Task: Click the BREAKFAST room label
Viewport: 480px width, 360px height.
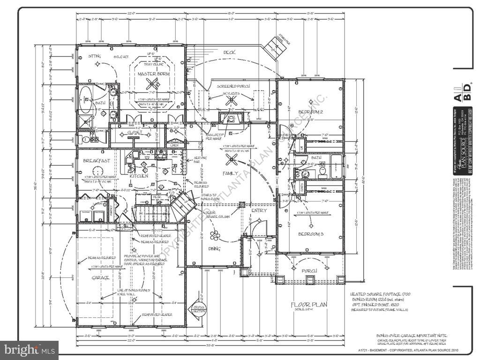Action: (97, 160)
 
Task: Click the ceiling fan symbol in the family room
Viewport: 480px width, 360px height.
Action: (231, 160)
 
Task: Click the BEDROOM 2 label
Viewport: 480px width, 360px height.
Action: (311, 112)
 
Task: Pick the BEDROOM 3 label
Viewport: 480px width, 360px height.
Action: (312, 234)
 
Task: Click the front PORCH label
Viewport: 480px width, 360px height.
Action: (309, 270)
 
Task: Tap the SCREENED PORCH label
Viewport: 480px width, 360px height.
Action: (233, 86)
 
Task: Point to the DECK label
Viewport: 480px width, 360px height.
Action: (229, 52)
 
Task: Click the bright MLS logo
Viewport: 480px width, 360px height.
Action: (29, 350)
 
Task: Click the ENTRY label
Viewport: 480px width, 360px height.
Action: (259, 210)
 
